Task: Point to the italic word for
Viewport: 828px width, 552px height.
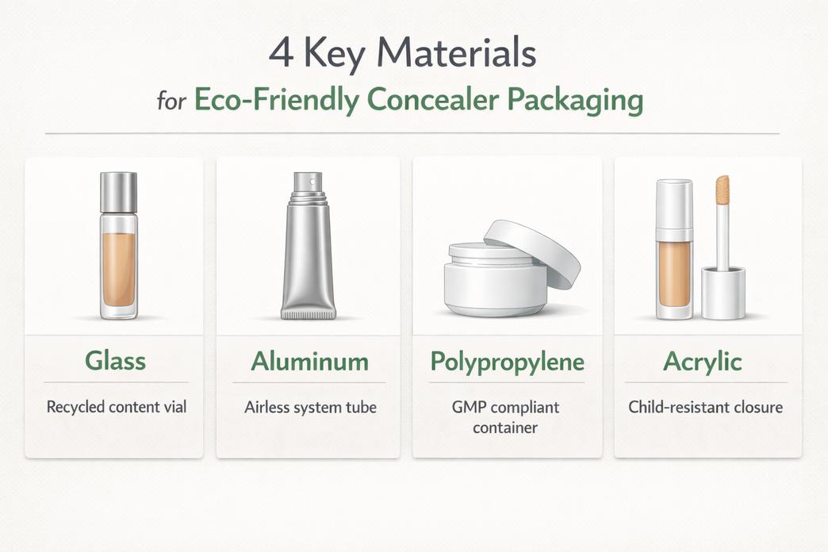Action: [171, 103]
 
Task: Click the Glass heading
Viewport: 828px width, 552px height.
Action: [116, 362]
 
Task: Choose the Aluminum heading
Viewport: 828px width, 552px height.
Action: [309, 362]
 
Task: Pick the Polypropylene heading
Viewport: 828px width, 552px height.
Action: [507, 362]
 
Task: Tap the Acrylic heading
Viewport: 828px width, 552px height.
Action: [702, 362]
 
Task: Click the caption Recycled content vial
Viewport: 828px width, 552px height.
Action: [117, 408]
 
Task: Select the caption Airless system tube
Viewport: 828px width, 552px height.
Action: [309, 408]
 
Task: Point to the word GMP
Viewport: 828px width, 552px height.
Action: [470, 408]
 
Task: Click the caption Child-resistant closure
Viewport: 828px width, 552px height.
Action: [705, 408]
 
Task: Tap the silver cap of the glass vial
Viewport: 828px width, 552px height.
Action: [118, 192]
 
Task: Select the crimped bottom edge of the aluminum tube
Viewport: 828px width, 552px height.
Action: [308, 315]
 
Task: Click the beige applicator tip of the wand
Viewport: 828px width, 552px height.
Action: [723, 190]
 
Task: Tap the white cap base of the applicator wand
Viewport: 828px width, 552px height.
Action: [723, 293]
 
